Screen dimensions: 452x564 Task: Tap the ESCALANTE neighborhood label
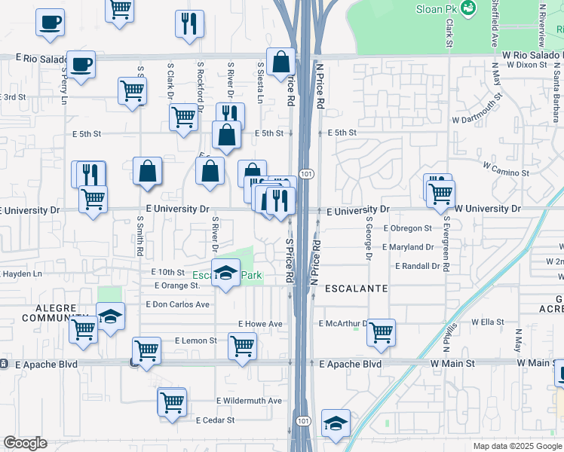(356, 289)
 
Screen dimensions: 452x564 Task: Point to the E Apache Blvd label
(350, 364)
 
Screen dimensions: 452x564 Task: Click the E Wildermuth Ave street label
(248, 401)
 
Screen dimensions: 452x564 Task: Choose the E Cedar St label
(215, 420)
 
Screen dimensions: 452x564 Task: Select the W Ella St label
(487, 322)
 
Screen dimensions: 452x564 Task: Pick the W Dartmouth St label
(477, 109)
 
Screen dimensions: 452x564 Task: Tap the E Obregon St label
(407, 228)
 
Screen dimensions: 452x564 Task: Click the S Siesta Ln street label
(260, 84)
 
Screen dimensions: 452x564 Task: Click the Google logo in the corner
(25, 443)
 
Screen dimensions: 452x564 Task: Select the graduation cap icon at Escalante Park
(225, 273)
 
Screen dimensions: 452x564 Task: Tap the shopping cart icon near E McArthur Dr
(382, 331)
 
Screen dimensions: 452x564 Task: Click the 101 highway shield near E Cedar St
(303, 420)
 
